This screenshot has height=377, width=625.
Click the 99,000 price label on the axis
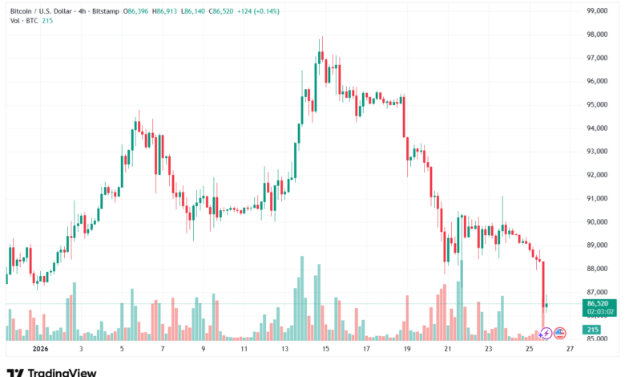(x=599, y=11)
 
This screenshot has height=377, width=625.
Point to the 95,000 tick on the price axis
(x=599, y=104)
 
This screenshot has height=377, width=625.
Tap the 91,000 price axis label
(x=599, y=198)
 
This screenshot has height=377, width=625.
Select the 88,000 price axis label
(x=599, y=269)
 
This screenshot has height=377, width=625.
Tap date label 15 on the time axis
(x=326, y=350)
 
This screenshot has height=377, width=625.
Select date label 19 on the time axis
(x=407, y=350)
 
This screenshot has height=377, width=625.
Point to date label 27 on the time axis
(x=570, y=350)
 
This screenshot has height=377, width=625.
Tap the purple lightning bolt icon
(x=546, y=332)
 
